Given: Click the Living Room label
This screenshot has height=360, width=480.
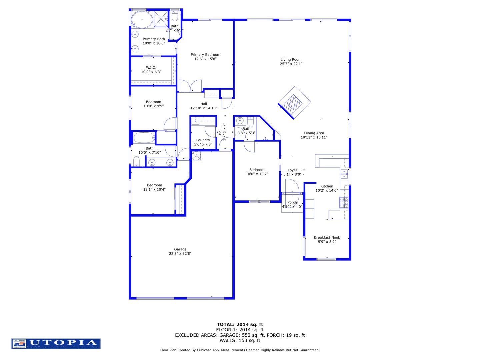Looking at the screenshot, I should click(x=291, y=60).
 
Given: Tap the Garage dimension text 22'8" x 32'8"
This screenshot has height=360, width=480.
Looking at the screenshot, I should click(x=180, y=254).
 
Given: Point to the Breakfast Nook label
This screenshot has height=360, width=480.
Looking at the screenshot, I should click(x=327, y=238).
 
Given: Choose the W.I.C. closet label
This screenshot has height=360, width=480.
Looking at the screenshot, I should click(x=151, y=68).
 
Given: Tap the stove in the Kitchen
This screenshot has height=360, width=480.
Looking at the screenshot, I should click(x=344, y=202).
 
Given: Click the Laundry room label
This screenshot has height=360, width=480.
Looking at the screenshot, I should click(x=203, y=140).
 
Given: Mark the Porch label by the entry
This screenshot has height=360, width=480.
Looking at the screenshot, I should click(x=292, y=202).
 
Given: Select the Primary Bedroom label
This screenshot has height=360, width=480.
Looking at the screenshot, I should click(x=205, y=55).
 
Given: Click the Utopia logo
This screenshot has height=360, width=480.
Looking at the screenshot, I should click(x=56, y=344).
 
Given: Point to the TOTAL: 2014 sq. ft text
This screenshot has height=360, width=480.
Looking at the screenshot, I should click(x=240, y=324).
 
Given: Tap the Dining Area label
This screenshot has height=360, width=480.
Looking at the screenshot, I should click(x=314, y=133).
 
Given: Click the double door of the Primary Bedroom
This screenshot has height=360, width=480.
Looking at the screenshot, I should click(x=190, y=85).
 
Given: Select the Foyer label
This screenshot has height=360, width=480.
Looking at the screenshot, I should click(x=292, y=170).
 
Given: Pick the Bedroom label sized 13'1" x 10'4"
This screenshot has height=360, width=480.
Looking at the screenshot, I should click(x=155, y=185).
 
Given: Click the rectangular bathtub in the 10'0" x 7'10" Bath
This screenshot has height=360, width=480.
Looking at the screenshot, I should click(x=144, y=138).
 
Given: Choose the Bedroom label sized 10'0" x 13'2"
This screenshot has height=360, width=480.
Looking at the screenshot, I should click(x=257, y=170).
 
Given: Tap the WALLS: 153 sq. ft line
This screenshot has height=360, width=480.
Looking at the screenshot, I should click(x=240, y=341).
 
